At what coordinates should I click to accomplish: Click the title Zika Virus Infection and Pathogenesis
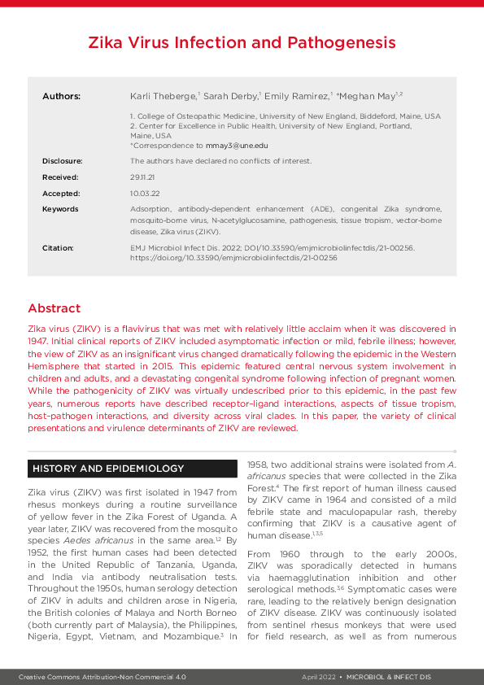[x=242, y=42]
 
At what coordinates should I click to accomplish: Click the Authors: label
[x=61, y=96]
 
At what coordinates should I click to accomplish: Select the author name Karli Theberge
[x=160, y=96]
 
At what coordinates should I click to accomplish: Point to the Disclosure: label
[x=62, y=161]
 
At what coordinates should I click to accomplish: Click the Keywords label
[x=60, y=209]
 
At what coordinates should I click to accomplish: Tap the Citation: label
[x=58, y=247]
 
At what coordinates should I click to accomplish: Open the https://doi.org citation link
[x=233, y=257]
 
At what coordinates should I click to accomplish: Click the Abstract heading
[x=54, y=308]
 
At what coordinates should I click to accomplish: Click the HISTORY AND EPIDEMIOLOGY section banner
[x=107, y=469]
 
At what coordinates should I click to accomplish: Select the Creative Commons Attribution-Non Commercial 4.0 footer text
[x=103, y=676]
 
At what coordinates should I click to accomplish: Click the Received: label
[x=60, y=177]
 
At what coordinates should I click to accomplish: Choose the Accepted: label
[x=61, y=194]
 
